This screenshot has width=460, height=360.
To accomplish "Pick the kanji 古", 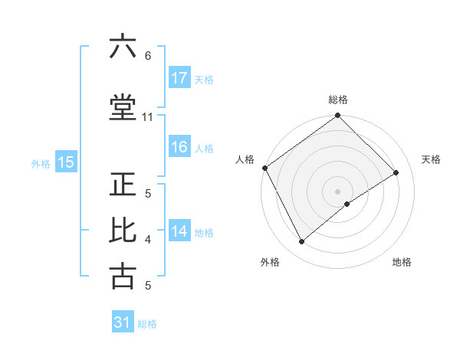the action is (x=123, y=276).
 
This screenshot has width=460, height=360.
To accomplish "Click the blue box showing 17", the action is (x=179, y=78).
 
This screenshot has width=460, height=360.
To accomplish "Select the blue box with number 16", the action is (x=179, y=147).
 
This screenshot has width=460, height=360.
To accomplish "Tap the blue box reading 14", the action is (x=179, y=231).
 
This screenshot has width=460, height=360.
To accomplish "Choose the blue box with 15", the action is (x=65, y=162).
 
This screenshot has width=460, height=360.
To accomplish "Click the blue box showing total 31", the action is (x=123, y=322).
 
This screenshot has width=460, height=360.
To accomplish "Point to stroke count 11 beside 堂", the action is (x=148, y=117).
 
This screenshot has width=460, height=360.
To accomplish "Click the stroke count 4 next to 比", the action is (x=148, y=240).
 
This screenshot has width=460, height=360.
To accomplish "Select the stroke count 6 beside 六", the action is (x=148, y=56).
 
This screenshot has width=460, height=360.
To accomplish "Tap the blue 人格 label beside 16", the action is (x=204, y=148).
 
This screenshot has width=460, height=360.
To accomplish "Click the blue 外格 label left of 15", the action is (x=41, y=162).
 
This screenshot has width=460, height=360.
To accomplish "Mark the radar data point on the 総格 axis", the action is (x=337, y=116).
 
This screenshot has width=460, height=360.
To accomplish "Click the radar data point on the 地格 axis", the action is (x=347, y=204).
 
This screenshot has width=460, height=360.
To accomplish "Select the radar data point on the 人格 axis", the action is (x=264, y=168).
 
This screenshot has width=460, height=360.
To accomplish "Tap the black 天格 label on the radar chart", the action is (x=431, y=159).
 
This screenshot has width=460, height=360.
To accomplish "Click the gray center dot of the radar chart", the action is (x=337, y=191).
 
